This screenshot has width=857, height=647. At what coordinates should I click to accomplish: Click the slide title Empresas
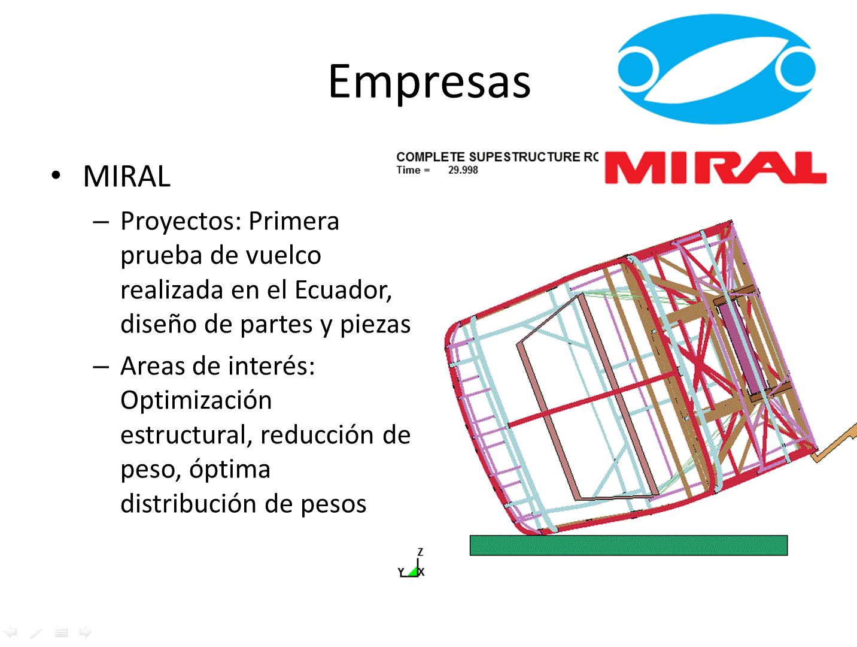429,82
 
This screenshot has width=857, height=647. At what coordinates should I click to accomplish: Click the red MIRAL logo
715,168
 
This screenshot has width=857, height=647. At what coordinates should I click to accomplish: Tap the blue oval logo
716,69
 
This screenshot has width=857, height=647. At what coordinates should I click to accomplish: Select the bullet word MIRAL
127,176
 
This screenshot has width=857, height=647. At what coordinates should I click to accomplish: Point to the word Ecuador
343,291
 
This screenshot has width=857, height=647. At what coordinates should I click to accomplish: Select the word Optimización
196,401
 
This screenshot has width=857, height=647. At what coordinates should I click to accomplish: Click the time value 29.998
463,170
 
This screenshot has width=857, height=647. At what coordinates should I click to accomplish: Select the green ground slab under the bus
628,545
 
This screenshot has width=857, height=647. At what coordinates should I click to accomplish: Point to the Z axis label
421,552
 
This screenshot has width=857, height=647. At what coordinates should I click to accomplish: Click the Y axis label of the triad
401,572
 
